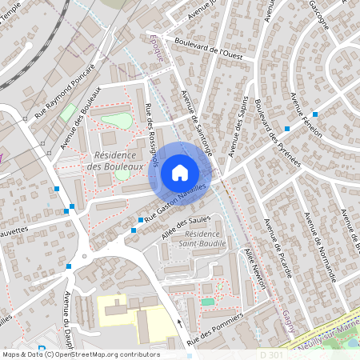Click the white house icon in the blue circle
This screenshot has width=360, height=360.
pyautogui.click(x=180, y=172)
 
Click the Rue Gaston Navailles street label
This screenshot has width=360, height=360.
pyautogui.click(x=176, y=200)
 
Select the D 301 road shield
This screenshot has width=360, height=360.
pyautogui.click(x=270, y=354)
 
